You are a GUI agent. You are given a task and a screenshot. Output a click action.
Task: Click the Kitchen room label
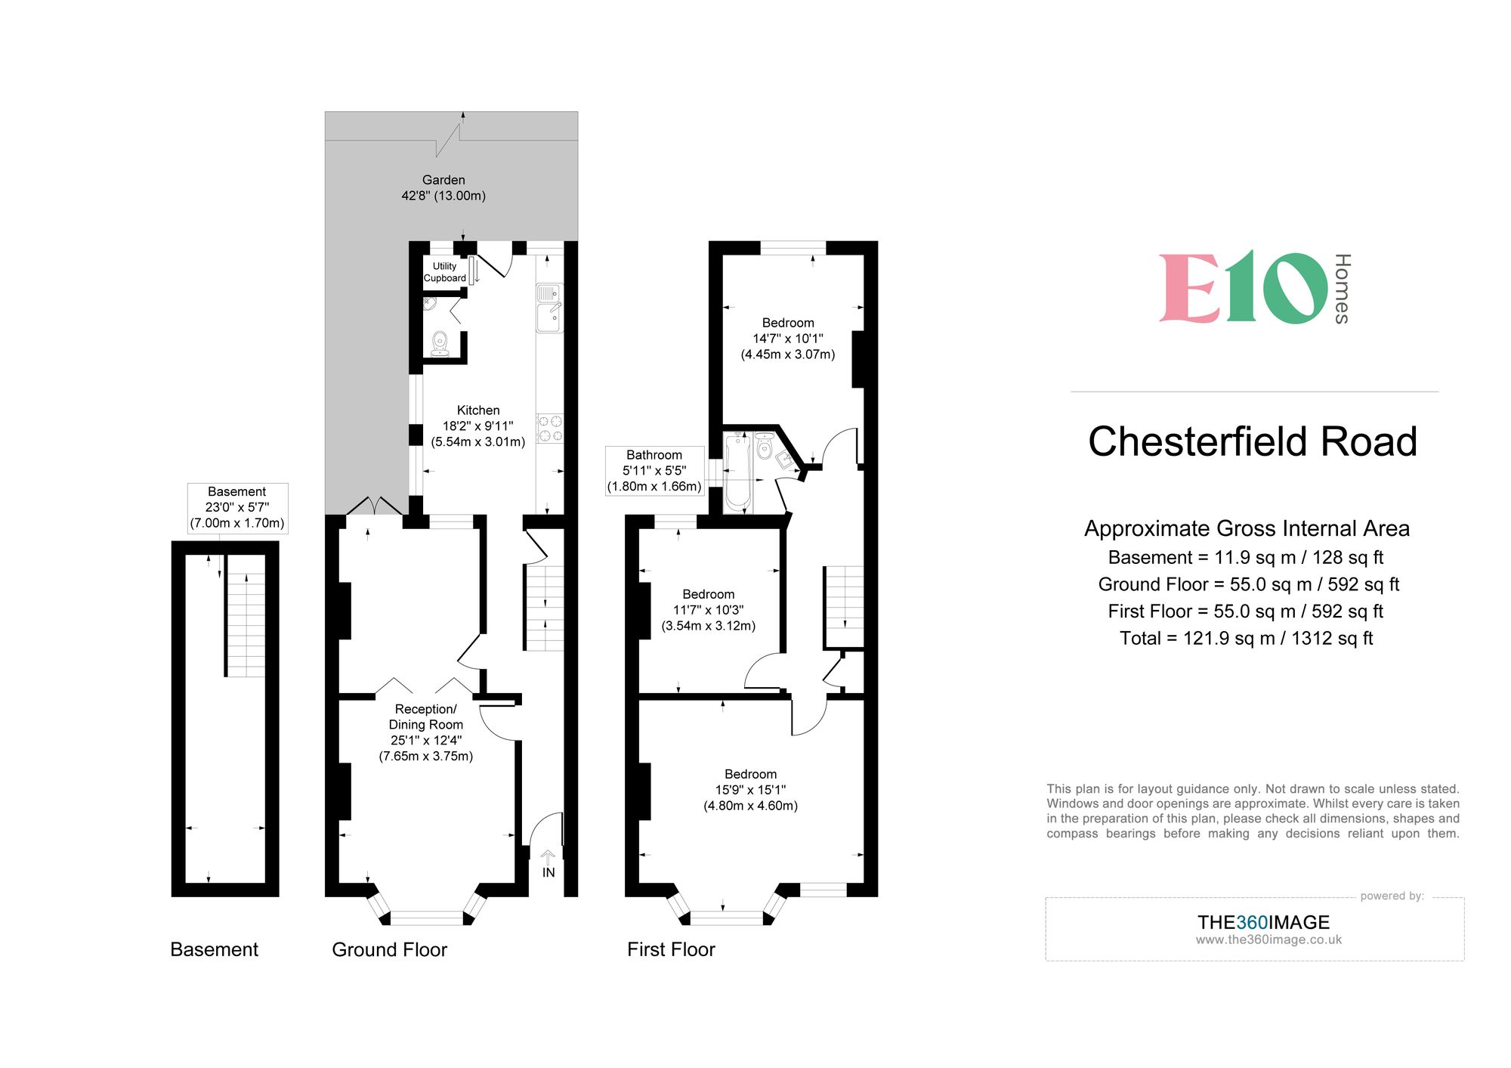tap(477, 426)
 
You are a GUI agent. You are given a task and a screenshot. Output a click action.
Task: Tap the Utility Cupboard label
tap(444, 272)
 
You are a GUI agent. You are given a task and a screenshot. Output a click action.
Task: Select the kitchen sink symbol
tap(549, 308)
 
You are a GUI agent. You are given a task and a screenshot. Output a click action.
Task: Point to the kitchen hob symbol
tap(549, 428)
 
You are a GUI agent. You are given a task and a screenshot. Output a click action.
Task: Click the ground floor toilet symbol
tap(440, 343)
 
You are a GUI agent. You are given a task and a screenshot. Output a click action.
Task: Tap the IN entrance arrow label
tap(548, 871)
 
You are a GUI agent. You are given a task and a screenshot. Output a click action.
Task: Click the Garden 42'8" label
tap(443, 187)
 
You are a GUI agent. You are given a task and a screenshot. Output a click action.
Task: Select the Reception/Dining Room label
tap(425, 732)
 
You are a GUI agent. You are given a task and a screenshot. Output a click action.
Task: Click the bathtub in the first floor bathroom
tap(737, 472)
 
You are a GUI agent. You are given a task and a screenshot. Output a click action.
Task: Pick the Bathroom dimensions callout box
tap(654, 470)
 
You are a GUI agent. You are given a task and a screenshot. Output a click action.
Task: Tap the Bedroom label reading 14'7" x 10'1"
tap(788, 338)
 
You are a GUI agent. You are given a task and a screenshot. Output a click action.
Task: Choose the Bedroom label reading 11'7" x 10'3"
tap(708, 609)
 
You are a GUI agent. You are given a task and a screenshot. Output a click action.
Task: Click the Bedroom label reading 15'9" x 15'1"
tap(750, 789)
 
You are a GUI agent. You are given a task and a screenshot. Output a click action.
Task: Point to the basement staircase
tap(246, 624)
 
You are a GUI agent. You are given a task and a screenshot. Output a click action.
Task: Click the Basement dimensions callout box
tap(237, 507)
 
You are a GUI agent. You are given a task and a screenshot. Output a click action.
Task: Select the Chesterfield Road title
tap(1252, 441)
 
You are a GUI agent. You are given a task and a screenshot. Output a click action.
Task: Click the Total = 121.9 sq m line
tap(1246, 638)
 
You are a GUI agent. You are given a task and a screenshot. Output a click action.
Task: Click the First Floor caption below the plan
tap(671, 949)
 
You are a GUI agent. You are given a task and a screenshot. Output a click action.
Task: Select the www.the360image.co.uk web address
tap(1268, 940)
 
